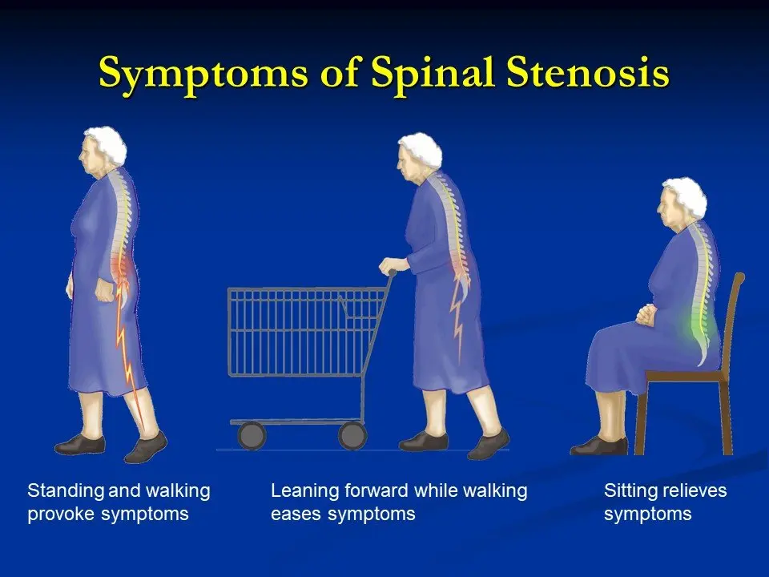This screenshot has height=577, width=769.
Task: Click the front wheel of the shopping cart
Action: pos(252,435)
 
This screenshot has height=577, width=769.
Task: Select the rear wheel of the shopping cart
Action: pos(352,435)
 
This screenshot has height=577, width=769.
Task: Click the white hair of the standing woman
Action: pos(104,144)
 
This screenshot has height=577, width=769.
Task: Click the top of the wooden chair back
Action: pos(739,278)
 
